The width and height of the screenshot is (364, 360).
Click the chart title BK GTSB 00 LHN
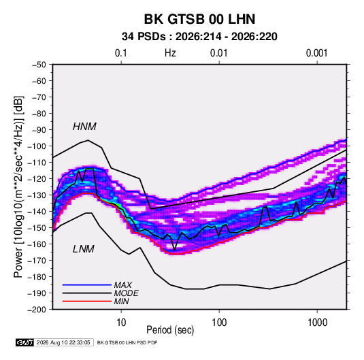coord(199,19)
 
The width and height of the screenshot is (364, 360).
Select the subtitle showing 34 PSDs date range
coord(199,37)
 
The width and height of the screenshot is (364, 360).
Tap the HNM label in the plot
coord(84,127)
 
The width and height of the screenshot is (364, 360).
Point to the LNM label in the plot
coord(84,249)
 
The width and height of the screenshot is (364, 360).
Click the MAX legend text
coord(123,285)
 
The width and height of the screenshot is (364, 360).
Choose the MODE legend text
coord(127,293)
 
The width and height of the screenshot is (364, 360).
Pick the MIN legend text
coord(121,301)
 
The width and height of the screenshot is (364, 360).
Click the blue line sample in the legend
coord(87,284)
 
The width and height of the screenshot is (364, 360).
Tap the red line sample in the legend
coord(87,301)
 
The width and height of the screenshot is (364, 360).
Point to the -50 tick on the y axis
coord(39,65)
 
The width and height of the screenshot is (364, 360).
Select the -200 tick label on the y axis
coord(37,310)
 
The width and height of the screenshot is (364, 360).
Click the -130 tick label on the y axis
coord(37,195)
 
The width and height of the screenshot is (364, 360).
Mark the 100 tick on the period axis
coord(219,323)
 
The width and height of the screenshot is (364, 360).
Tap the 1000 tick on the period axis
coord(317,323)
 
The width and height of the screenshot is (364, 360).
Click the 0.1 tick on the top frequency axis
coord(121,53)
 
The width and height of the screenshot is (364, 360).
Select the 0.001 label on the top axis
coord(317,53)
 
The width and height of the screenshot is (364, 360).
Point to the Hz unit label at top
coord(170,53)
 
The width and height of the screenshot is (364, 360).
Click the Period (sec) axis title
coord(170,330)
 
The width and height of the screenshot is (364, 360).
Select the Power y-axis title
coord(18,187)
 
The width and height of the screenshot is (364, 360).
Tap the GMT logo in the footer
coord(24,342)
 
